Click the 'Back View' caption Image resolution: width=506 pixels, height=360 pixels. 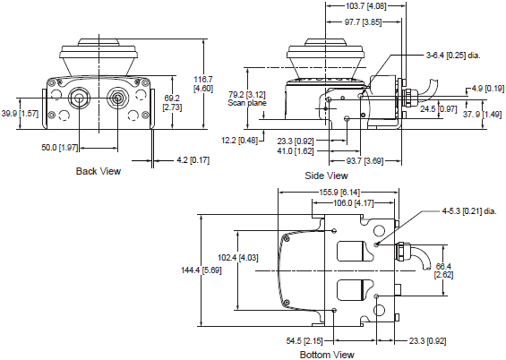pyautogui.click(x=98, y=171)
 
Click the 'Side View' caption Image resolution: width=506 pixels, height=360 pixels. pyautogui.click(x=327, y=176)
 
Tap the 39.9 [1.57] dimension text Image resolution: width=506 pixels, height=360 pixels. pyautogui.click(x=20, y=114)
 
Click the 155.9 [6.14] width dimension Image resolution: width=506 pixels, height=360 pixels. pyautogui.click(x=339, y=192)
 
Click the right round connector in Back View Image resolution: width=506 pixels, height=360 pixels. pyautogui.click(x=116, y=98)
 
